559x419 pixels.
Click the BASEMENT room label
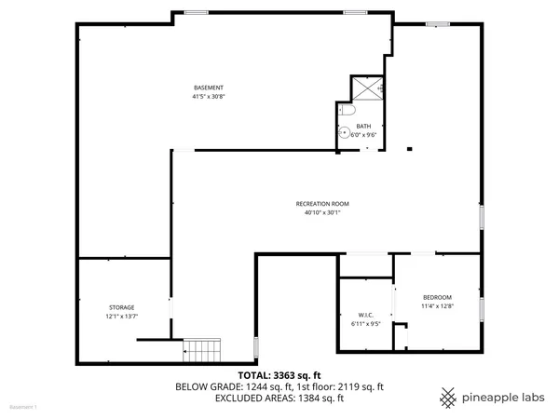point(209,88)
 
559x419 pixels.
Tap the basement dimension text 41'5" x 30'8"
point(209,96)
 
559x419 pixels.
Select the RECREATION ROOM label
point(322,203)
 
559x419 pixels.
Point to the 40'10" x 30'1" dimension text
point(322,212)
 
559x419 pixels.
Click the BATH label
point(364,127)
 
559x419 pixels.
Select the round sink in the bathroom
point(343,131)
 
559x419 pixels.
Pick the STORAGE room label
point(121,307)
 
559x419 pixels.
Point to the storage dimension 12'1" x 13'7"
point(121,317)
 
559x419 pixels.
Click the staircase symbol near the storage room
point(200,350)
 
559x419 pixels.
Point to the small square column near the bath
point(409,147)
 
